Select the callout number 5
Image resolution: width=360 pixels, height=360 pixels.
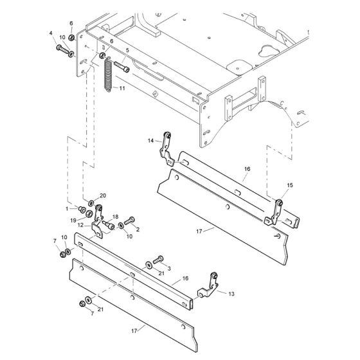click(x=127, y=50)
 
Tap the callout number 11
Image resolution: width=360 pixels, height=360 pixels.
click(x=123, y=88)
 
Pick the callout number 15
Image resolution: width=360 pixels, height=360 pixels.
click(x=290, y=185)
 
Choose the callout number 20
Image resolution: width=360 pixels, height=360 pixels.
click(x=102, y=195)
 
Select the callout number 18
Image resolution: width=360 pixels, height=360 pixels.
click(x=116, y=217)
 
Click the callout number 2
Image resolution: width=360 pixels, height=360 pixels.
click(x=138, y=229)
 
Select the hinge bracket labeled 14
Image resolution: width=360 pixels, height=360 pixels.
click(x=168, y=145)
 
